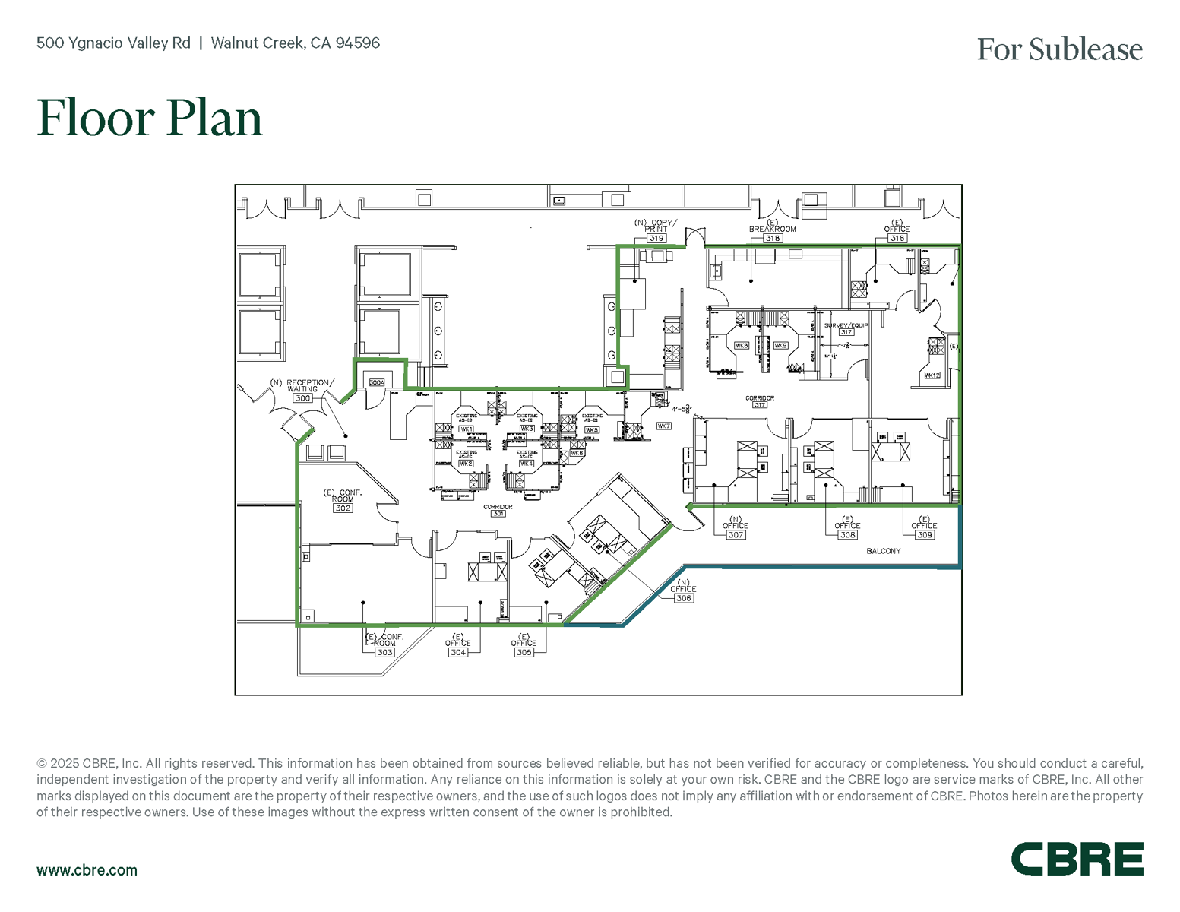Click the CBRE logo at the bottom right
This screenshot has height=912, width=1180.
click(1077, 859)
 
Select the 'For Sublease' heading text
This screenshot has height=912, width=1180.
click(1059, 49)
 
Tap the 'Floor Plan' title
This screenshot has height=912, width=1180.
click(150, 118)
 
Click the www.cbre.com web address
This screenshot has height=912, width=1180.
click(87, 870)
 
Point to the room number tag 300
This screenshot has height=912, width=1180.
click(302, 398)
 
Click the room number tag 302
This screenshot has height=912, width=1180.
click(343, 508)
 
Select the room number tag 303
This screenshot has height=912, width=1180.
click(385, 652)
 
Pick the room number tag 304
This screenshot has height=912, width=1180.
click(457, 652)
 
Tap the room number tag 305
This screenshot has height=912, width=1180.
click(524, 652)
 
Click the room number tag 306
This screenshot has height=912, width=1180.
click(683, 598)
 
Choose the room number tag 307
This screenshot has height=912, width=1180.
click(735, 535)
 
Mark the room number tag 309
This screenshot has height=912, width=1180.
click(924, 535)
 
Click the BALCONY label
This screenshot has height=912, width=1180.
click(883, 551)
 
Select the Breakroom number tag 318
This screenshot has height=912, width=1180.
click(772, 238)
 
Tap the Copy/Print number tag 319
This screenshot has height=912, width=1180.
click(656, 238)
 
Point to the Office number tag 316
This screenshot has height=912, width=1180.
click(897, 238)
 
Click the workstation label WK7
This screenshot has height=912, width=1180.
click(663, 426)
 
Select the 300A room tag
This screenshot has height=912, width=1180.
click(377, 382)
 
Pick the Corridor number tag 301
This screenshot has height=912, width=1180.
click(498, 514)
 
